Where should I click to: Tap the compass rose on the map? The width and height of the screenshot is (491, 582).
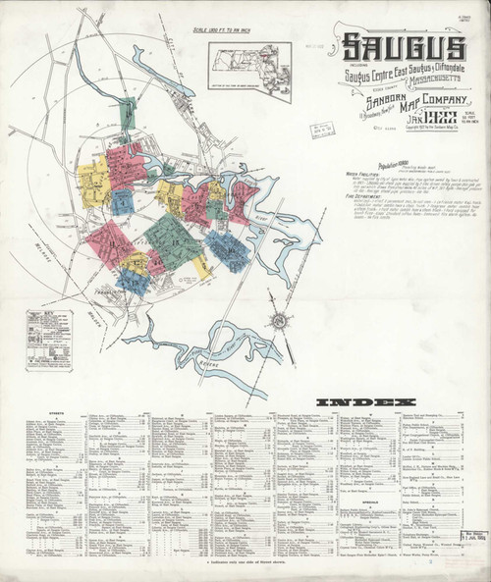279,320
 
